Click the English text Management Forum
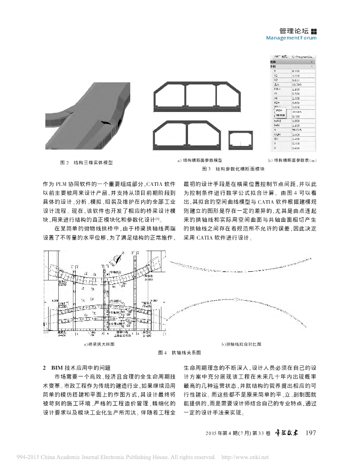click(291, 38)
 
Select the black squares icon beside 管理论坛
click(314, 31)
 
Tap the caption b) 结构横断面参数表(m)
click(293, 161)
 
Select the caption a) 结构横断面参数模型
click(200, 161)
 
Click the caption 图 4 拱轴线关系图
click(180, 352)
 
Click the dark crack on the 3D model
click(106, 123)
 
